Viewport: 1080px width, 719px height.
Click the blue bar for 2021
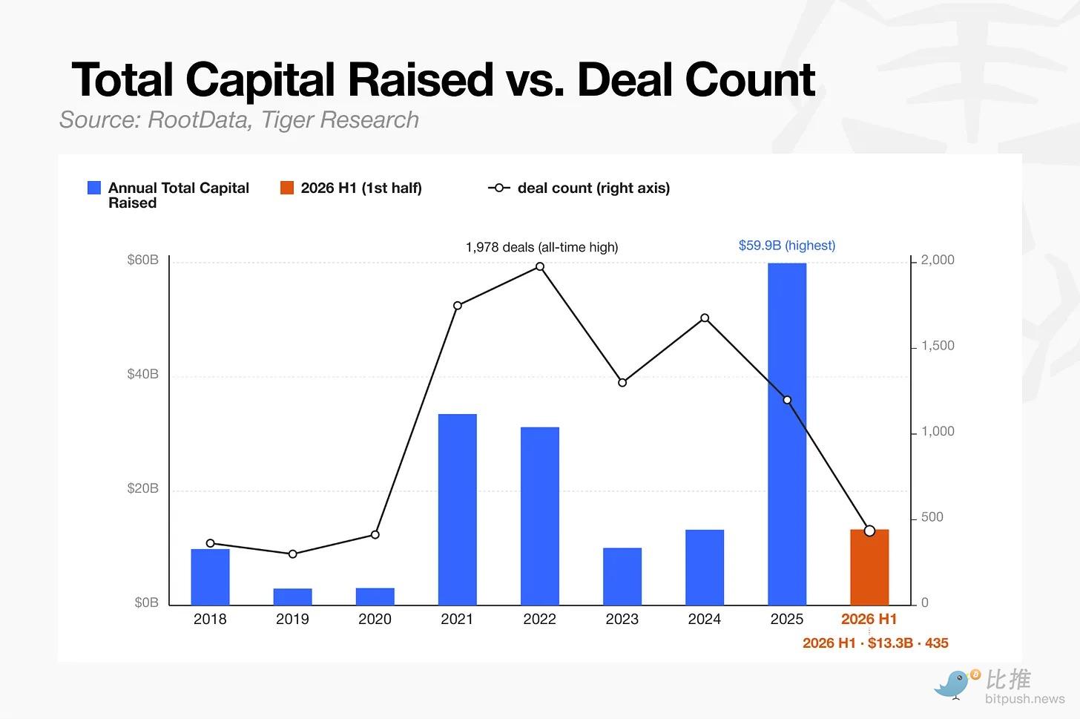point(457,509)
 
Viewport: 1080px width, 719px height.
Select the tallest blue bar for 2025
point(787,434)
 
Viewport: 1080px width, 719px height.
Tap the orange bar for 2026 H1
point(869,567)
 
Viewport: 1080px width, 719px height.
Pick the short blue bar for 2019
point(293,597)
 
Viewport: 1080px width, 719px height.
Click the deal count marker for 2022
point(540,266)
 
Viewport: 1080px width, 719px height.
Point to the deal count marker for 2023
point(622,382)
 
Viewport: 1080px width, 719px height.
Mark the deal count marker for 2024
point(705,318)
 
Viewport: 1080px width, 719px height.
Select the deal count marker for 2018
point(210,543)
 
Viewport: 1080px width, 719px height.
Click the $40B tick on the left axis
point(142,374)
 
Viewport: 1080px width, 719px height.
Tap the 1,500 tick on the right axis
point(938,345)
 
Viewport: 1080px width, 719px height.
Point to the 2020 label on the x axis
point(375,619)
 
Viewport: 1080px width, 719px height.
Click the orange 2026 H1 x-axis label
point(869,619)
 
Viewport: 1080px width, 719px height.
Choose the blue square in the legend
point(94,188)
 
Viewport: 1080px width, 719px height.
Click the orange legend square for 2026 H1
point(287,188)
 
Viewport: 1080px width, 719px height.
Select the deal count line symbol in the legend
point(499,188)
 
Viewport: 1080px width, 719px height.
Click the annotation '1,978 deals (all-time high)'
point(542,247)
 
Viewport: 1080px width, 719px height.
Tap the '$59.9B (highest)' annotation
point(787,246)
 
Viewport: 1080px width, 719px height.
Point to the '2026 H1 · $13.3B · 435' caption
point(875,643)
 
